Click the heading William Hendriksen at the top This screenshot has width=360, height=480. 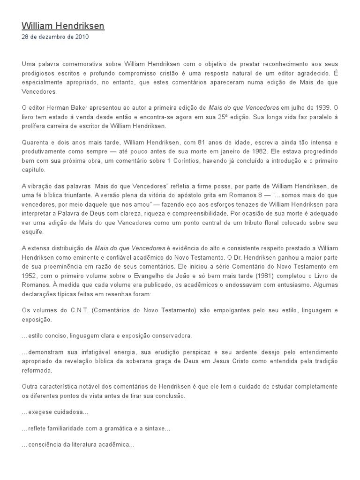pos(63,26)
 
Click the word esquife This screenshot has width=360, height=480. pos(33,232)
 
